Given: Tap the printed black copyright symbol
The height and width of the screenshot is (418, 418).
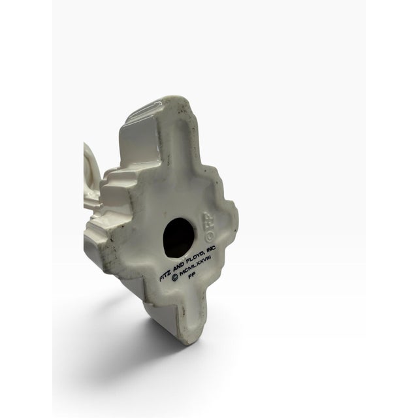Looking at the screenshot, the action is click(x=175, y=279).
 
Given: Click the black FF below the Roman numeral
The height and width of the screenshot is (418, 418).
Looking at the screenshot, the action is click(x=191, y=276).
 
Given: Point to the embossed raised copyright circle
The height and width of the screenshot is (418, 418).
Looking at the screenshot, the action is click(x=210, y=236).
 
